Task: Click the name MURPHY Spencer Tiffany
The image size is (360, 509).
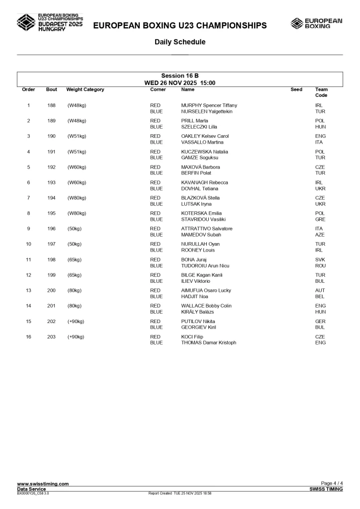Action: point(209,105)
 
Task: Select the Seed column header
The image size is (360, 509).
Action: point(296,89)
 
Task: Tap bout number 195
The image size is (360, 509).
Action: point(51,213)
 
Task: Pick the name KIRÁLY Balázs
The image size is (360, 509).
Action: point(197,312)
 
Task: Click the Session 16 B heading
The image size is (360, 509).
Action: point(180,76)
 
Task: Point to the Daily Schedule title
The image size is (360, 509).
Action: point(180,42)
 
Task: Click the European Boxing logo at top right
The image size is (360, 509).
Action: point(316,23)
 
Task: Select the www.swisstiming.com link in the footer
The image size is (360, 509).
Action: point(43,484)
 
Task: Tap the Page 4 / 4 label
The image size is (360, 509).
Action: point(332,484)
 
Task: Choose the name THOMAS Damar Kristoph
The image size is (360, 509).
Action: point(208,342)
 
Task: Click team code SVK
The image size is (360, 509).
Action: point(320,259)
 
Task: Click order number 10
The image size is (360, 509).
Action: point(28,244)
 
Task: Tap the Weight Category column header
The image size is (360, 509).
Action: point(85,89)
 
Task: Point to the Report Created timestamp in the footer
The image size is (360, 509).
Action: point(180,493)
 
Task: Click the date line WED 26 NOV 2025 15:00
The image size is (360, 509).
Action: point(180,83)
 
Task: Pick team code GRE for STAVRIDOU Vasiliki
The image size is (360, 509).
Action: point(320,219)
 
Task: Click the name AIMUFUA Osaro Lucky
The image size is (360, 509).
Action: point(206,290)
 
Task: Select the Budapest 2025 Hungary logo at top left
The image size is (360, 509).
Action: point(50,23)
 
